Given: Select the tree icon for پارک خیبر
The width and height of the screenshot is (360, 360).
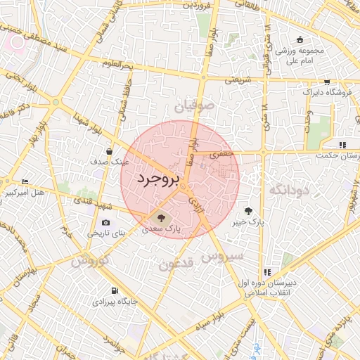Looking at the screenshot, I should pyautogui.click(x=249, y=210).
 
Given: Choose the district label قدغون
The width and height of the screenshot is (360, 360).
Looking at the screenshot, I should pyautogui.click(x=176, y=264).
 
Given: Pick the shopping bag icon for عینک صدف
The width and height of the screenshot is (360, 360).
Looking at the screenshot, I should pyautogui.click(x=109, y=151).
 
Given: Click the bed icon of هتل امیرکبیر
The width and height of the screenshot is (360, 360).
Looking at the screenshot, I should pyautogui.click(x=25, y=181).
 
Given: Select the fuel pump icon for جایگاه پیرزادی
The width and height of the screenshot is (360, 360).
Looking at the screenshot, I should pyautogui.click(x=114, y=291).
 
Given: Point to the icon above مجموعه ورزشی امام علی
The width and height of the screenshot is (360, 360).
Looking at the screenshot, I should pyautogui.click(x=301, y=39).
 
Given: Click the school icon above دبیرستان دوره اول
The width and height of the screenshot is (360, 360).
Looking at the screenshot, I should pyautogui.click(x=267, y=272).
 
